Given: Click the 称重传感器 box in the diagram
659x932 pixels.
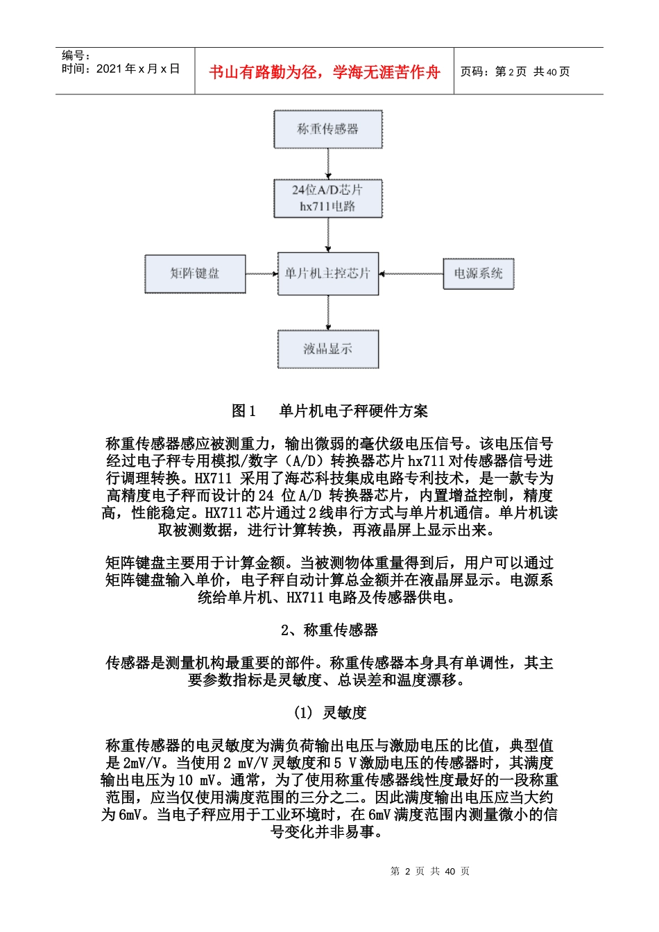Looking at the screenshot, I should [327, 129].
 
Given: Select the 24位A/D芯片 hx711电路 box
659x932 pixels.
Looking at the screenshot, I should [327, 198].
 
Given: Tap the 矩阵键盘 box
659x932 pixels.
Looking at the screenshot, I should [195, 273].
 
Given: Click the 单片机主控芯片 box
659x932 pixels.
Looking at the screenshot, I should [327, 273].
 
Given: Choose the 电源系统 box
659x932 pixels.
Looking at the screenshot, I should [478, 273].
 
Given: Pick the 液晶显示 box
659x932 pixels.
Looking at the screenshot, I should [327, 349].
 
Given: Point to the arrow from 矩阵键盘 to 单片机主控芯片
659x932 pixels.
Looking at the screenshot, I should [262, 274].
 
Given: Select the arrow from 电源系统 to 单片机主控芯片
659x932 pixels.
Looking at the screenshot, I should [411, 274].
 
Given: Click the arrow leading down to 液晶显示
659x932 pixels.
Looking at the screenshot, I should [328, 313].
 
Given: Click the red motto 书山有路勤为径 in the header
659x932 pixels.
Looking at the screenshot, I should [324, 72].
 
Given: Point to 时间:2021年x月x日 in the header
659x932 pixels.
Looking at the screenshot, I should [121, 69].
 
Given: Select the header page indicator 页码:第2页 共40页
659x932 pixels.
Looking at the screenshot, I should [515, 71].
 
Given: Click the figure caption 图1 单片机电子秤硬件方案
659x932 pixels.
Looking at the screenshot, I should [329, 411].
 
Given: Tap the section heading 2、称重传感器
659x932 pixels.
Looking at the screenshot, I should [329, 630].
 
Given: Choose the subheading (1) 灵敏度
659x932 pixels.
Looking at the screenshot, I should [329, 712].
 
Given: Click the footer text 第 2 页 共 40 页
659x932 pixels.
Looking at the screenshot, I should [430, 871].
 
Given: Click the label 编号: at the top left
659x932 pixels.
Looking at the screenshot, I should [76, 55].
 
